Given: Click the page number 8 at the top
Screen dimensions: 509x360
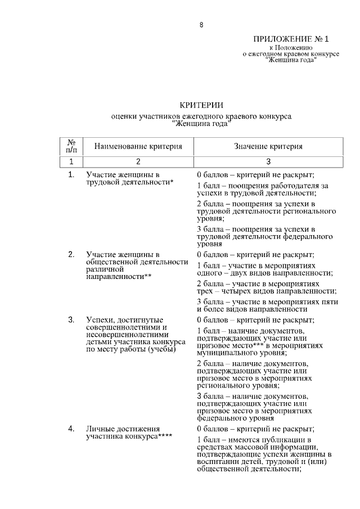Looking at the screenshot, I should pos(201,25).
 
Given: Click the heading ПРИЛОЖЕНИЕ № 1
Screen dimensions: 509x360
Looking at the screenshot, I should pos(290,39).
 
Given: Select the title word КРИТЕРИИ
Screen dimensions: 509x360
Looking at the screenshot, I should pos(201,105).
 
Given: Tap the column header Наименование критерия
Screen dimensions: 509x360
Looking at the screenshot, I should pos(138,146).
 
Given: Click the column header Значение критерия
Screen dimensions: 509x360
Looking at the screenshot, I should pos(268,146).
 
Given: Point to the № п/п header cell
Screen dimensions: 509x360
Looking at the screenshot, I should pos(71,146).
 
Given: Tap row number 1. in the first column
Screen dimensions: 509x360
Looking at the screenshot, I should pos(71,174).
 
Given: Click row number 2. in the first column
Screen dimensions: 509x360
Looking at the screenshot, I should pos(71,254).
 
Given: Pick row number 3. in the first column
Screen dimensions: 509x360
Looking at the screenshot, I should pos(71,319).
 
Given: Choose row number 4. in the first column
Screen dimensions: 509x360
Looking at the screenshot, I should pos(71,429).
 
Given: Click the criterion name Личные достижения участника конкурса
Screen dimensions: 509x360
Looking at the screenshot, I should pos(129,433).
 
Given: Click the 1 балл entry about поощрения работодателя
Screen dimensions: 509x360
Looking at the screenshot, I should pos(263,188).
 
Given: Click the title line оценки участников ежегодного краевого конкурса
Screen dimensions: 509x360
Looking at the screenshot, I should pos(201,116).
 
